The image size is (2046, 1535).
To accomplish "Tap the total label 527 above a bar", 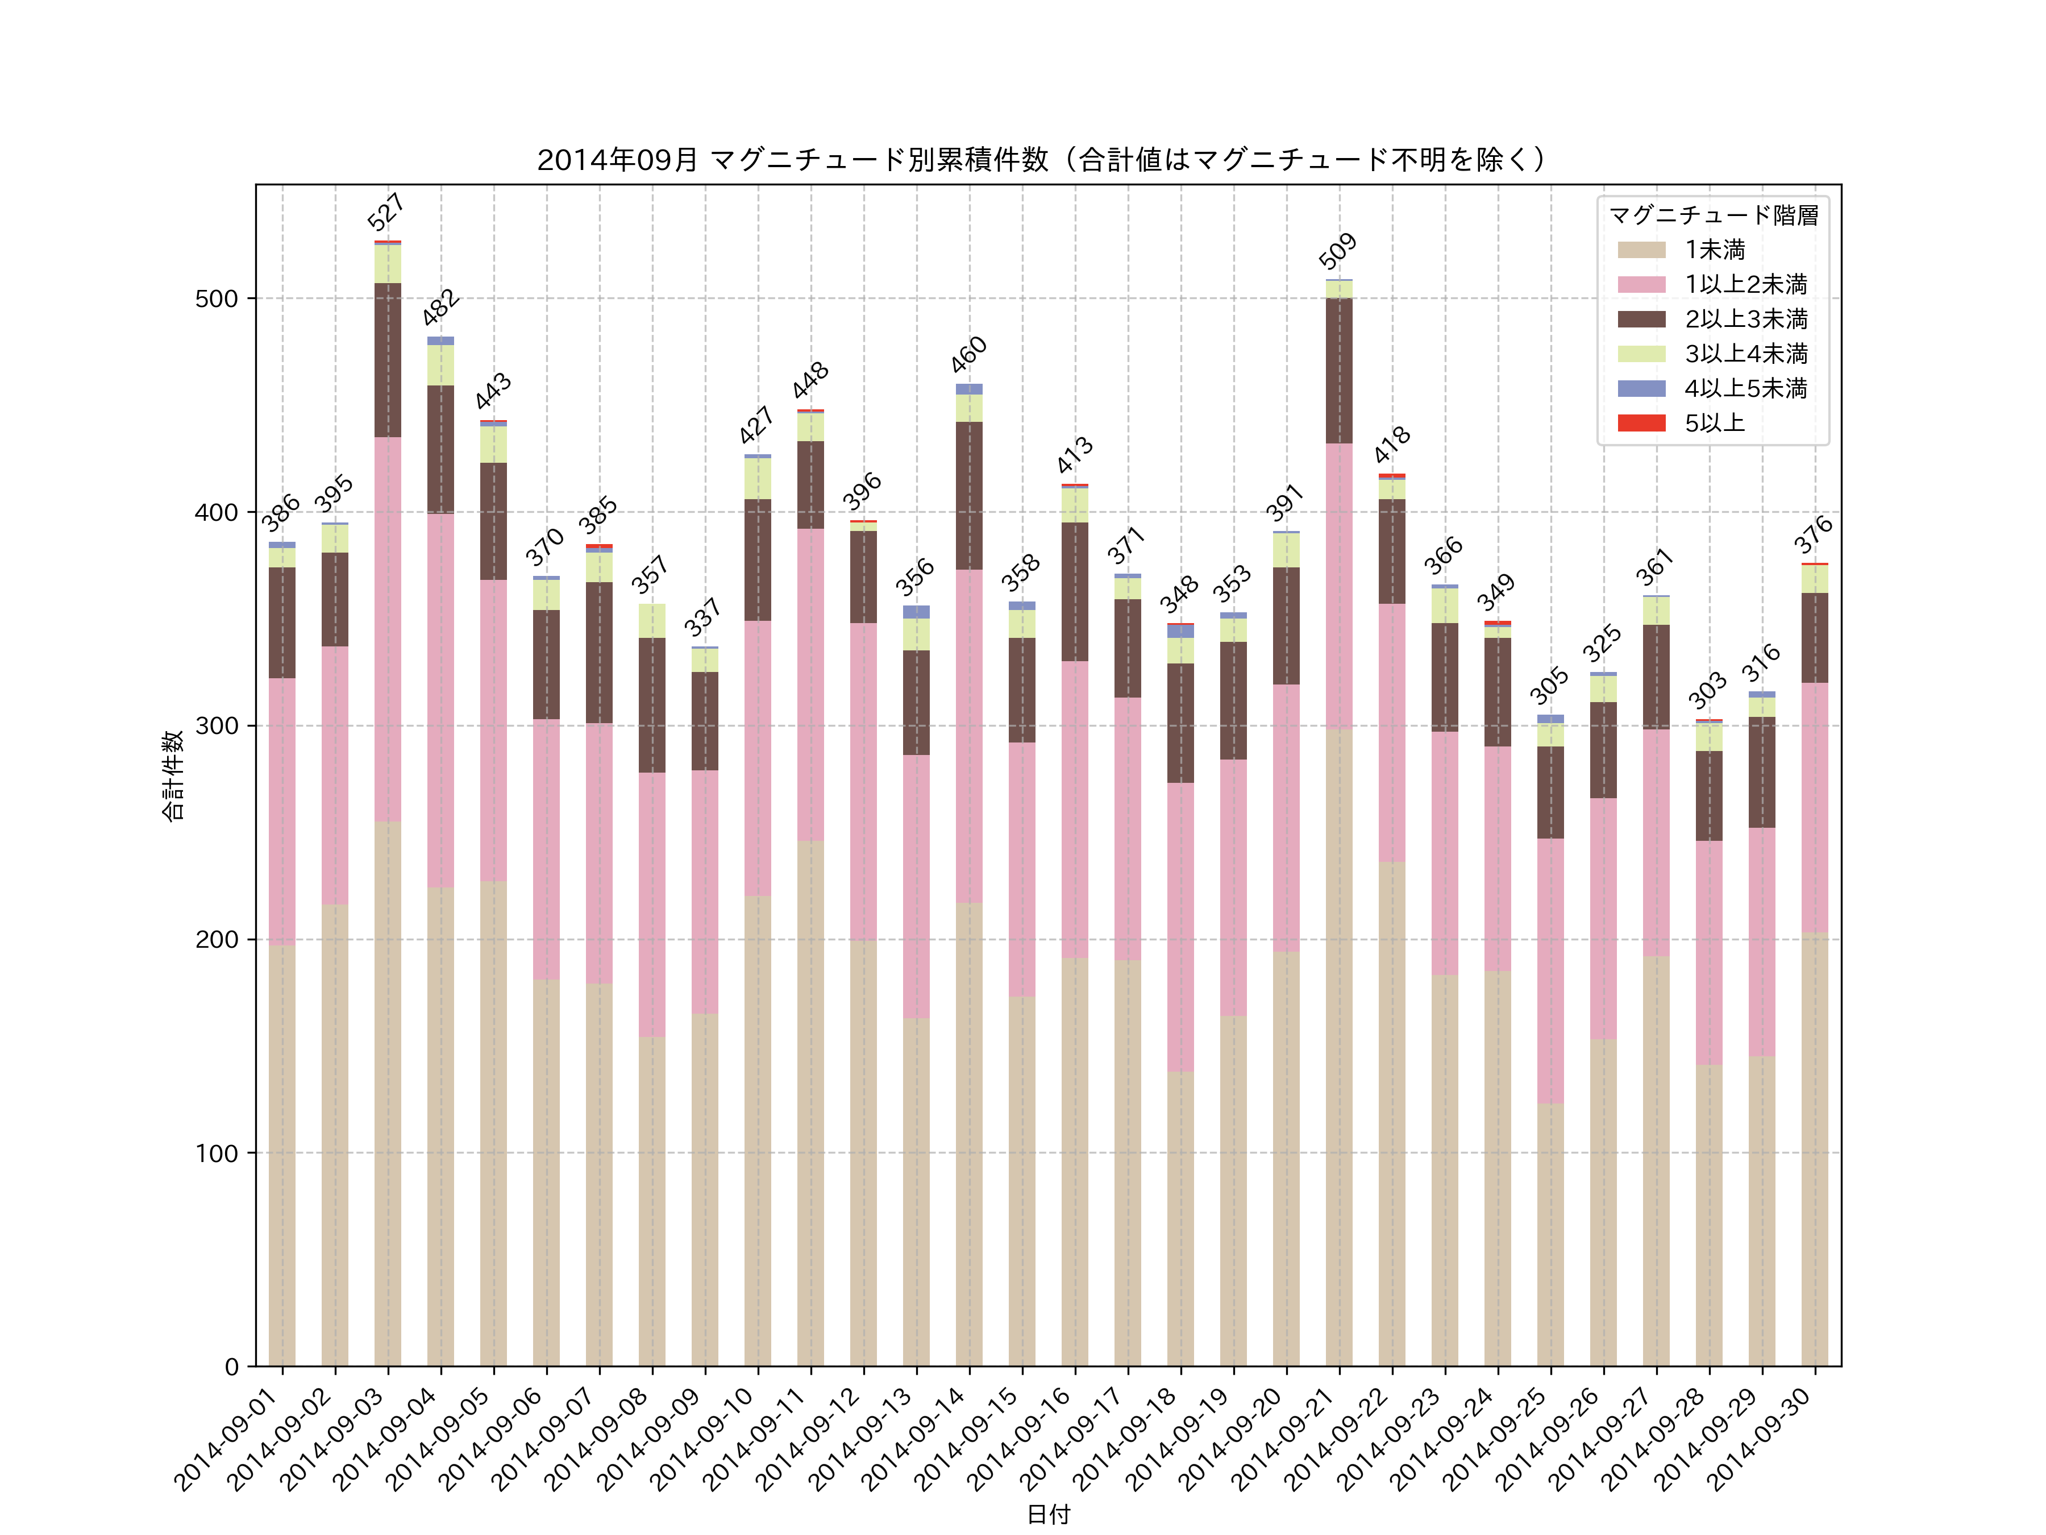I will click(386, 213).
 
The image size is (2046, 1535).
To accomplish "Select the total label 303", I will click(1707, 690).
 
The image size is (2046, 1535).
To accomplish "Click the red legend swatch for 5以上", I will click(1641, 423).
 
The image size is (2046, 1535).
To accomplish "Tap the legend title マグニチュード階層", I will click(1713, 215).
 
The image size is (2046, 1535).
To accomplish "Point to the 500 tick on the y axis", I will click(217, 299).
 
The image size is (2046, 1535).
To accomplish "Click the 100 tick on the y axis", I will click(217, 1153).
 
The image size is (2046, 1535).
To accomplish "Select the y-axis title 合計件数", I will click(173, 775).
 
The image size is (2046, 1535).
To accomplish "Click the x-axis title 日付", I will click(1048, 1514).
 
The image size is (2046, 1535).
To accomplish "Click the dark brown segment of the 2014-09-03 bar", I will click(388, 360).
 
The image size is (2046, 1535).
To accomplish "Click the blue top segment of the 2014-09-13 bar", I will click(916, 612).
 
